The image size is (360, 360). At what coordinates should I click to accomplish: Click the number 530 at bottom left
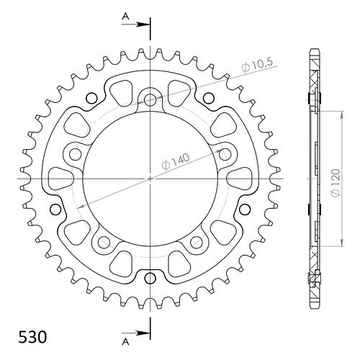tap(32, 337)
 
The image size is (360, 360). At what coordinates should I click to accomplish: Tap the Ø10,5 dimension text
tap(257, 65)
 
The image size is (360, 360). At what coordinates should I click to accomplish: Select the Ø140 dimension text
tap(176, 161)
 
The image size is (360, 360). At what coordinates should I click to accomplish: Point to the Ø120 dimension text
tap(336, 183)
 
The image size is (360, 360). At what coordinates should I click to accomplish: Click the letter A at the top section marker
tap(125, 17)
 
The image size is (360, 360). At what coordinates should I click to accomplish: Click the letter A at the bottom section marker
tap(125, 342)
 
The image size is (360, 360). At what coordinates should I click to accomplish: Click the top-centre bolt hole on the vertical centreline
tap(150, 100)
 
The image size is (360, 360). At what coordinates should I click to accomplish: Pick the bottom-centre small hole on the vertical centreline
tap(150, 278)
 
